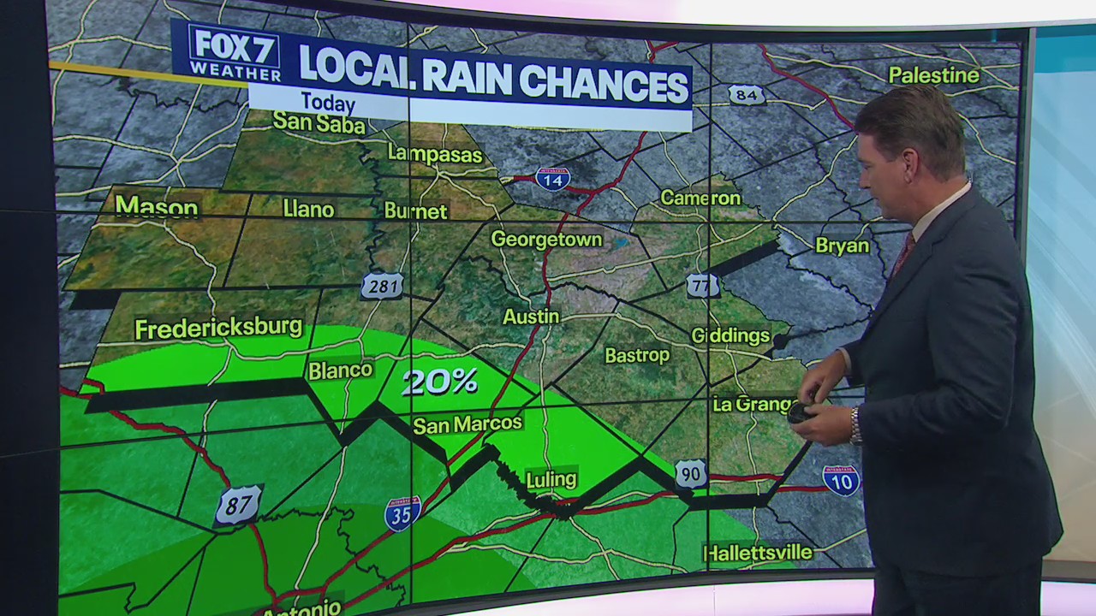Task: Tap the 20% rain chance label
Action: coord(439,382)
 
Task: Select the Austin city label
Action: coord(531,317)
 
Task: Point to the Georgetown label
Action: coord(546,240)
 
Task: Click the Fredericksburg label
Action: coord(218,328)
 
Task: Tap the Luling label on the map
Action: coord(551,479)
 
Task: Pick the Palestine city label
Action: coord(933,75)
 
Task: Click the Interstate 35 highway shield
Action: coord(402,513)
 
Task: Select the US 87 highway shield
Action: coord(237,505)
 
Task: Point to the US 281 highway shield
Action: coord(382,285)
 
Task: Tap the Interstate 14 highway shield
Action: coord(552,179)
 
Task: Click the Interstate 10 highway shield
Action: coord(841,481)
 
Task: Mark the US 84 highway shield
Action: coord(747,94)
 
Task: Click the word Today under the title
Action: coord(328,104)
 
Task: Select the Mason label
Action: coord(157,206)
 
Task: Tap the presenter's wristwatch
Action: coord(855,425)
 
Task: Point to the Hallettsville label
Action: coord(758,553)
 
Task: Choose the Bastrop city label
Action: coord(637,354)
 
